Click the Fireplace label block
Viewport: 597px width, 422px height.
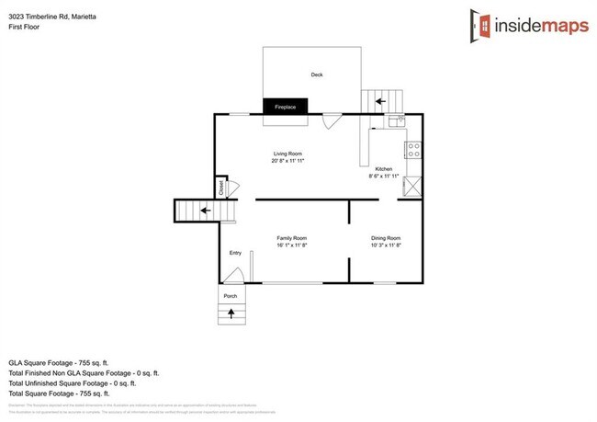[286, 108]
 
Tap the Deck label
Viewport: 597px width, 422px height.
[316, 75]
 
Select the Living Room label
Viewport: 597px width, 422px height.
[287, 154]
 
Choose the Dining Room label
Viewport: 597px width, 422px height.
[386, 238]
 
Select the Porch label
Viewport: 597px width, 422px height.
[230, 296]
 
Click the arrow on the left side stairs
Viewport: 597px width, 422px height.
[206, 211]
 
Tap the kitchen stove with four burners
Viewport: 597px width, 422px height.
[414, 146]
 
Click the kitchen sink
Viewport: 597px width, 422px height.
[396, 120]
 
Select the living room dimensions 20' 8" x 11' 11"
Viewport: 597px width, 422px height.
[287, 161]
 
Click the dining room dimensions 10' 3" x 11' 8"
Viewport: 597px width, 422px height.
[386, 245]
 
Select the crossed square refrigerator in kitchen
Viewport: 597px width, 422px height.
[414, 186]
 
